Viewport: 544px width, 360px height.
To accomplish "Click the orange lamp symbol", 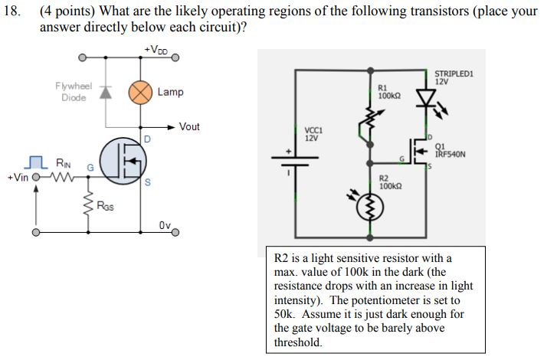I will [x=140, y=92].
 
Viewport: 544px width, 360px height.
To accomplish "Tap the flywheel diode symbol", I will [x=105, y=92].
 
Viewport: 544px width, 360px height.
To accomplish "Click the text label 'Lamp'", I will [x=170, y=92].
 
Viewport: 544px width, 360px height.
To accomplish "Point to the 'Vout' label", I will [x=188, y=126].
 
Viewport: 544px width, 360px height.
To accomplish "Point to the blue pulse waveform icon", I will [x=33, y=162].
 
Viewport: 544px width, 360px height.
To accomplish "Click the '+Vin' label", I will [x=17, y=178].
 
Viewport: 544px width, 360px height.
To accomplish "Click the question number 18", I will [x=11, y=11].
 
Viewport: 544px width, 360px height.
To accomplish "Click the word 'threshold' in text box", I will [x=297, y=342].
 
